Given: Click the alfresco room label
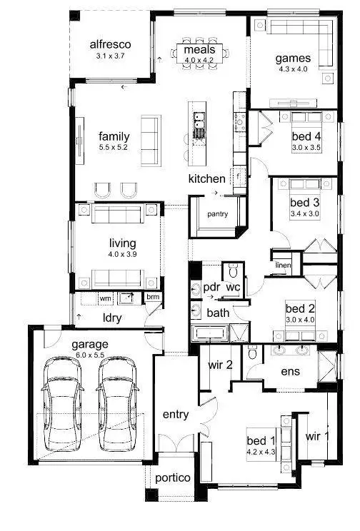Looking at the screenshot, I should click(110, 43).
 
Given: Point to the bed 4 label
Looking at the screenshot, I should click(306, 136).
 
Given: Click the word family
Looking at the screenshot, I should click(114, 136).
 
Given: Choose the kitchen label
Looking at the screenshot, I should click(206, 178).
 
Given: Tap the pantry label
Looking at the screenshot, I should click(217, 213).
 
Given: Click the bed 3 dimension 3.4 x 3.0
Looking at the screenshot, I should click(305, 213).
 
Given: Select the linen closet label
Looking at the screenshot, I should click(283, 266).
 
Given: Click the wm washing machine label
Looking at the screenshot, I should click(105, 297).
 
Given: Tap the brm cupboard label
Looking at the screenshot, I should click(152, 297).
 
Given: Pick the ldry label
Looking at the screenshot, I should click(111, 317).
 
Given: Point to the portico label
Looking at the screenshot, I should click(173, 477).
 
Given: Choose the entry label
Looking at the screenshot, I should click(175, 415).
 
